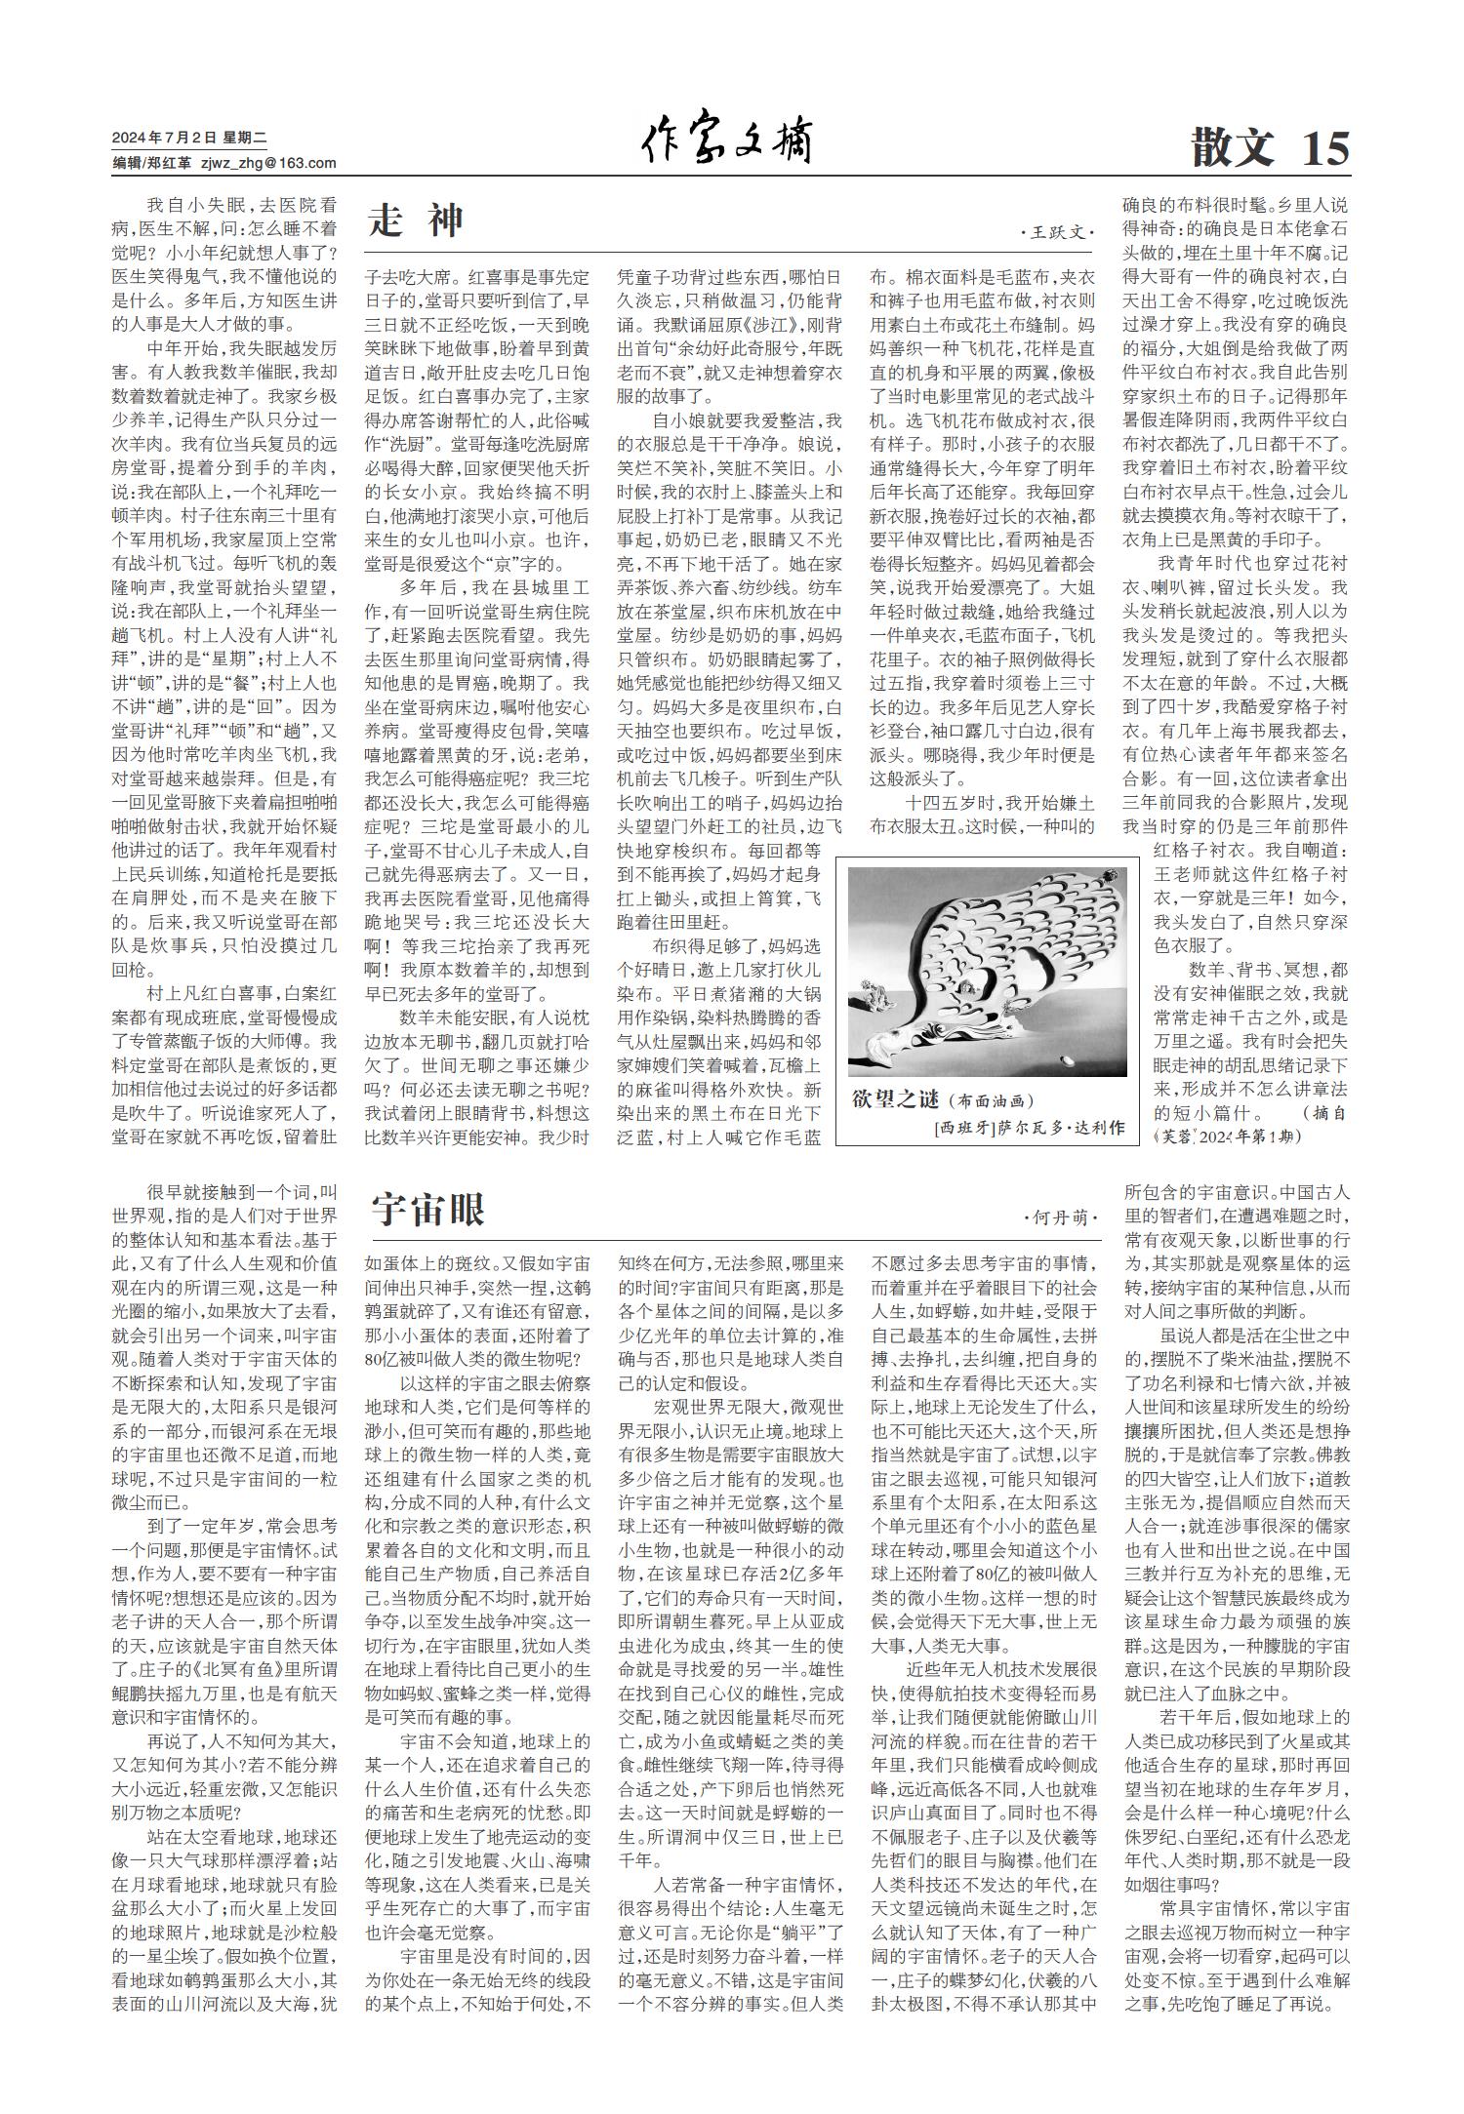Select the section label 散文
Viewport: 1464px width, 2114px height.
click(x=1233, y=148)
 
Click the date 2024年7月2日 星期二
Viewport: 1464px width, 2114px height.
click(x=183, y=138)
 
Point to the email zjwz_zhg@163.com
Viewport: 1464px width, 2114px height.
click(x=268, y=163)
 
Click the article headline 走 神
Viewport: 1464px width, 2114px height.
click(x=417, y=221)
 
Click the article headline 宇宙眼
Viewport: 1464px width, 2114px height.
click(x=427, y=1211)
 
